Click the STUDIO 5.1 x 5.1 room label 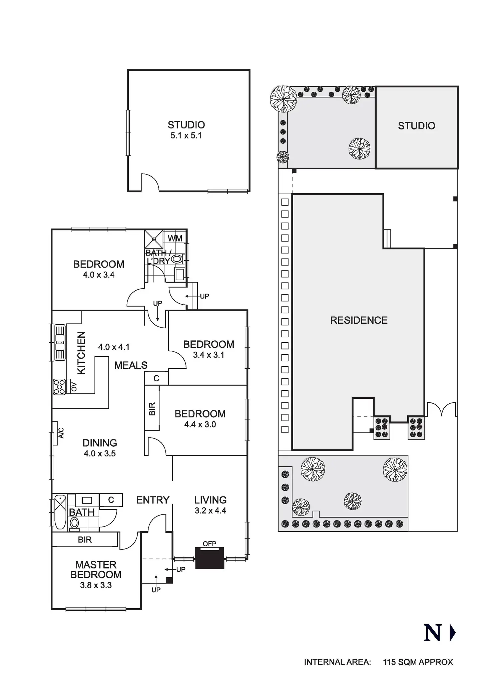[186, 130]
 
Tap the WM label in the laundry [175, 238]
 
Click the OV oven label [74, 387]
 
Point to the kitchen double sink [60, 342]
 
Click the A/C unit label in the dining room [61, 433]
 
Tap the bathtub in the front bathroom [60, 512]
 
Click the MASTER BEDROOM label [96, 570]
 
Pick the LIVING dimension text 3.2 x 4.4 [210, 510]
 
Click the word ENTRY [153, 500]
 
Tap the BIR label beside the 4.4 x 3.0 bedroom [152, 409]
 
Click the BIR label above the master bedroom [85, 540]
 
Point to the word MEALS [131, 365]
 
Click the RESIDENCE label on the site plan [359, 320]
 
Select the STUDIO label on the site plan [417, 126]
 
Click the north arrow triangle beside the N [453, 633]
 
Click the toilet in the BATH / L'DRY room [177, 259]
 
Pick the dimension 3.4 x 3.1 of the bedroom [208, 355]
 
